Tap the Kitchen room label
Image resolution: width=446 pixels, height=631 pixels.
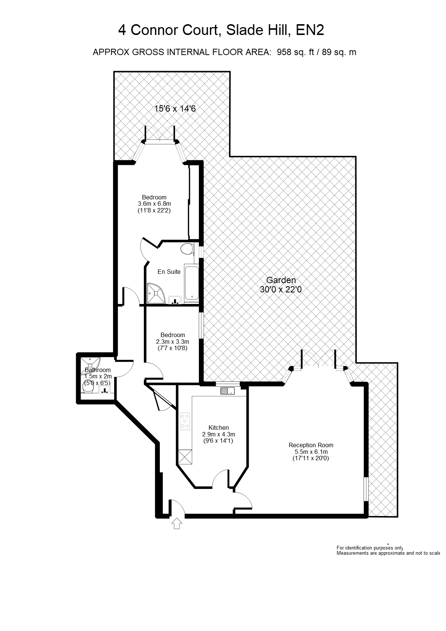tap(219, 427)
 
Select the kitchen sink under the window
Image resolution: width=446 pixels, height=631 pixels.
tap(227, 391)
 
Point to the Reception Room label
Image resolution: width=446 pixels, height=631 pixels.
tap(311, 445)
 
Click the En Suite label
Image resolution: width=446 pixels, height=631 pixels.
tap(169, 272)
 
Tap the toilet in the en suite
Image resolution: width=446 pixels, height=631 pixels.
tap(187, 249)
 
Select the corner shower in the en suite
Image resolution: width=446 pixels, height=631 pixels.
tap(156, 293)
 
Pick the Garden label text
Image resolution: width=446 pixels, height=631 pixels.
tap(281, 280)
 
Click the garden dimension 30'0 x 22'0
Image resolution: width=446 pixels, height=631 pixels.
tap(281, 289)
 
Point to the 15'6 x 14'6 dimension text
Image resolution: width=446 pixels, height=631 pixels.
tap(175, 109)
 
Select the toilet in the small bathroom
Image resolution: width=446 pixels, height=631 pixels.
tap(88, 388)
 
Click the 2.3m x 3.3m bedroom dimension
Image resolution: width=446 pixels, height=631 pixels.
tap(172, 342)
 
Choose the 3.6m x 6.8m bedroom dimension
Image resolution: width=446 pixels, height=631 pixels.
tap(154, 204)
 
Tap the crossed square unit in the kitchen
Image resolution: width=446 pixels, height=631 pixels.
tap(185, 457)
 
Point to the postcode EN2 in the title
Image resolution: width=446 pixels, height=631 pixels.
tap(310, 30)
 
